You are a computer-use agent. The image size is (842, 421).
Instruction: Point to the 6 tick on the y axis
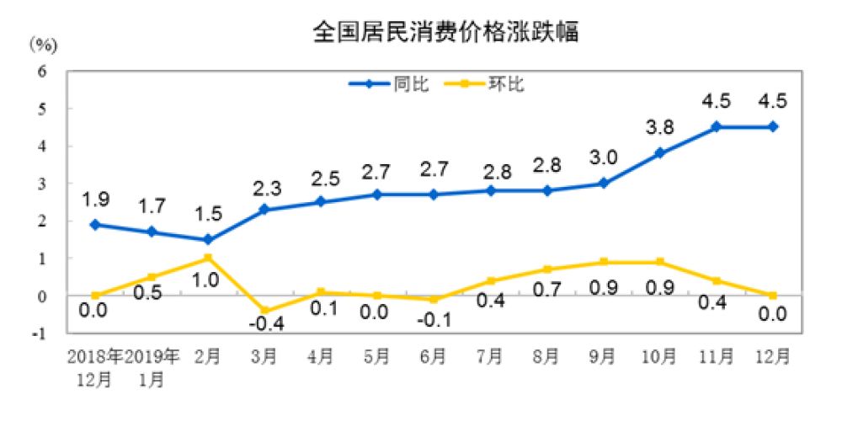pyautogui.click(x=40, y=72)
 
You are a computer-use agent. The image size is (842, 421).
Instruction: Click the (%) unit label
pyautogui.click(x=41, y=44)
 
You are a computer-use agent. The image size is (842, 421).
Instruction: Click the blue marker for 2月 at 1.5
pyautogui.click(x=207, y=239)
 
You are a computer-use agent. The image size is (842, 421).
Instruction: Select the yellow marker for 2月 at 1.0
pyautogui.click(x=207, y=258)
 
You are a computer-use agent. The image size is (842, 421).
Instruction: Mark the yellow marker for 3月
pyautogui.click(x=264, y=311)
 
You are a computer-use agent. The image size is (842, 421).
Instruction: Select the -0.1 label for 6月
pyautogui.click(x=434, y=319)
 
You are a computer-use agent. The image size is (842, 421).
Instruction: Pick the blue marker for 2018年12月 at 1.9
pyautogui.click(x=95, y=224)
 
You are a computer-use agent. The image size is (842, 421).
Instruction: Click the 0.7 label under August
pyautogui.click(x=546, y=290)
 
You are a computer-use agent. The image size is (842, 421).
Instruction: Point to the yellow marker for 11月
pyautogui.click(x=717, y=280)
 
